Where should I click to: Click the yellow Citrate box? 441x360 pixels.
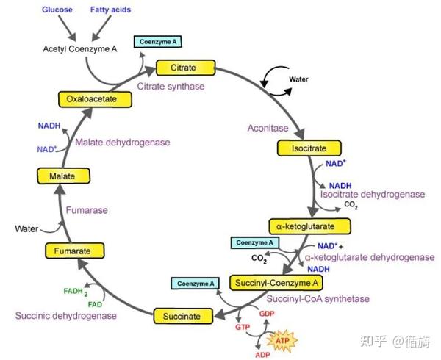point(183,68)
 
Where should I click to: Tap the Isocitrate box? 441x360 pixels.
point(304,148)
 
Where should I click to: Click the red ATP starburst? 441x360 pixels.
point(281,341)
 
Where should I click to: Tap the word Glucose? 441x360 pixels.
point(57,10)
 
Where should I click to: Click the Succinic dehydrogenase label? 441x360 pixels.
point(65,315)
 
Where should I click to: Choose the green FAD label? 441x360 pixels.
point(96,303)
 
